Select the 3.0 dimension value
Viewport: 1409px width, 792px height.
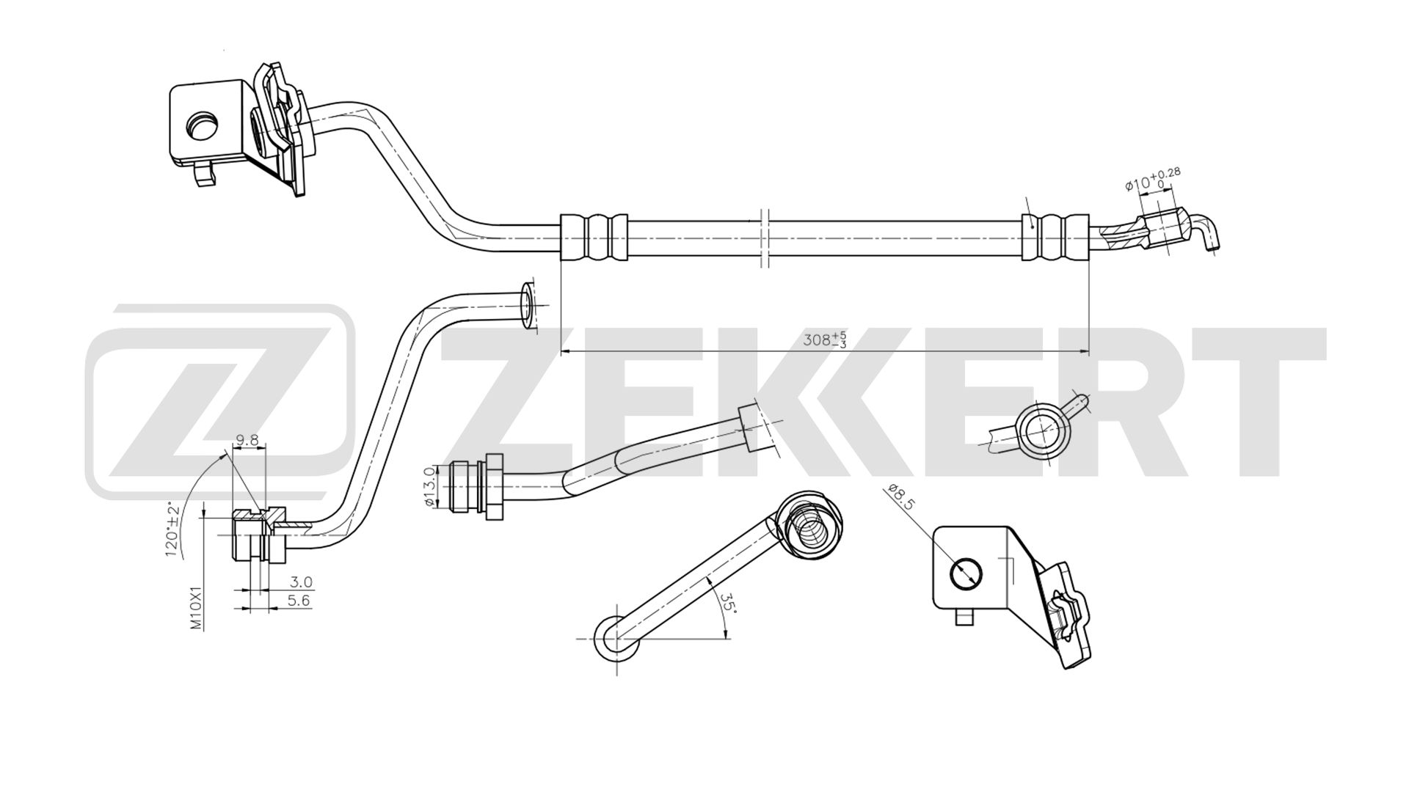pos(301,582)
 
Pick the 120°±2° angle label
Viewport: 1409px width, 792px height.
pos(174,532)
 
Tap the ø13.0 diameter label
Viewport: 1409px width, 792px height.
pos(431,486)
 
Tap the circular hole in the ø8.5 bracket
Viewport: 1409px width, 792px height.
pos(965,573)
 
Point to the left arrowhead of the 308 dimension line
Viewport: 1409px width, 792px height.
pos(567,353)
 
